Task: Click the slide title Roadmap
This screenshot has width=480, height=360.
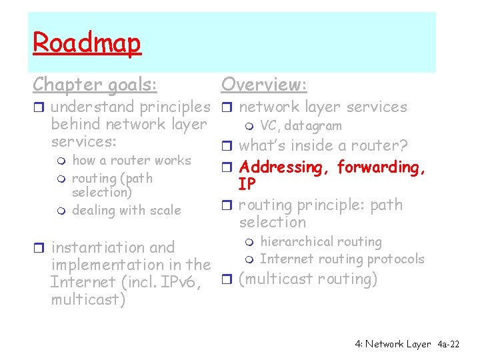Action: pos(87,43)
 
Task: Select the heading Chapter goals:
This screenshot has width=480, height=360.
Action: pos(95,85)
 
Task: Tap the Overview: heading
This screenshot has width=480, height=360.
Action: pos(264,85)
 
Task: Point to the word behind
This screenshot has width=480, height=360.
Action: pos(75,125)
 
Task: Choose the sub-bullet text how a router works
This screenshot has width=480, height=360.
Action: pos(131,161)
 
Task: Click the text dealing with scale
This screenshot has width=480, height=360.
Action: pos(126,211)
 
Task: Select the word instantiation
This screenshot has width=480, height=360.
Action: pos(93,247)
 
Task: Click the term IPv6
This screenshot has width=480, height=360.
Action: pos(179,282)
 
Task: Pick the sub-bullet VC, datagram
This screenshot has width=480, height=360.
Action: pos(301,126)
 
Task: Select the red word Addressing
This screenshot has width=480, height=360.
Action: pos(285,167)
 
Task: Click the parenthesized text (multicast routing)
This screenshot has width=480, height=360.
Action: pos(308,279)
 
